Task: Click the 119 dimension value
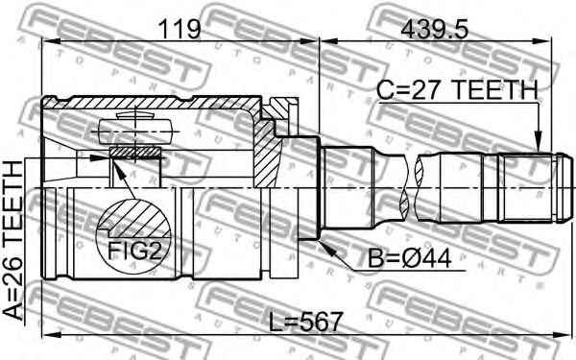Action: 180,29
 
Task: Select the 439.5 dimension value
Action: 435,29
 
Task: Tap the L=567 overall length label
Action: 305,322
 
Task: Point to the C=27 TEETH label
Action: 458,90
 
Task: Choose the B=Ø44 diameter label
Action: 409,259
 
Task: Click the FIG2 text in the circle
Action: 134,252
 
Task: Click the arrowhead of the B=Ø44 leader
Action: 326,248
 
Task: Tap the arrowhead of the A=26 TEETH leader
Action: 100,158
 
